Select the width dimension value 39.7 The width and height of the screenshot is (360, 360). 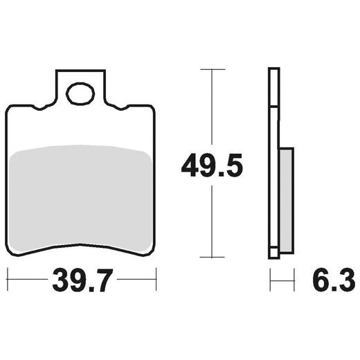coord(82,282)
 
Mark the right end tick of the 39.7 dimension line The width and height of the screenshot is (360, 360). coord(156,282)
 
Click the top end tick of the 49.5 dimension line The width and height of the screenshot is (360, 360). coord(213,69)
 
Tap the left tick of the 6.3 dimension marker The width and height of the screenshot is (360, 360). coord(270,282)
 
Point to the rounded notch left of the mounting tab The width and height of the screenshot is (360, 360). coord(44,106)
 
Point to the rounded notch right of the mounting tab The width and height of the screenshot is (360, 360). coord(118,106)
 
